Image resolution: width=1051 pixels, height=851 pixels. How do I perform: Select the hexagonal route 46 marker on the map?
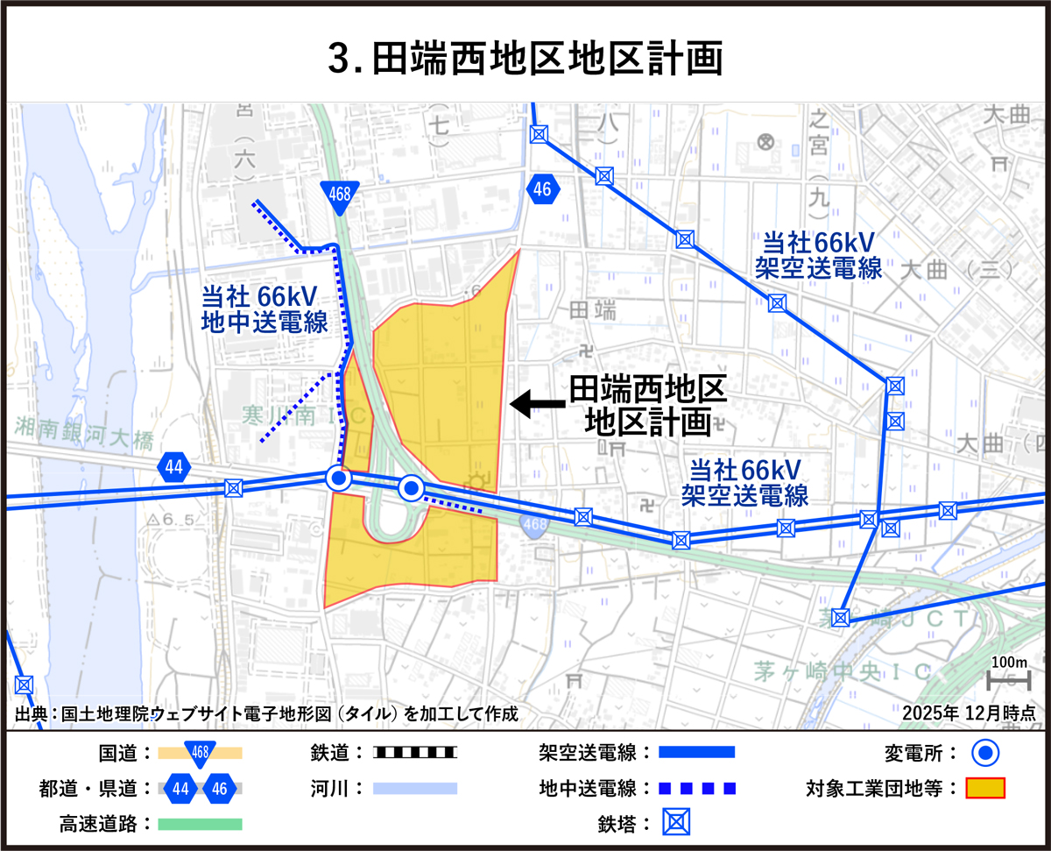(x=542, y=188)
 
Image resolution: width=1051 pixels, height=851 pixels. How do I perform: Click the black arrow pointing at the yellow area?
(x=536, y=403)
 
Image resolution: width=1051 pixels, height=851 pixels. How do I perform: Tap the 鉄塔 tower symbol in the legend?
(x=675, y=824)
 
